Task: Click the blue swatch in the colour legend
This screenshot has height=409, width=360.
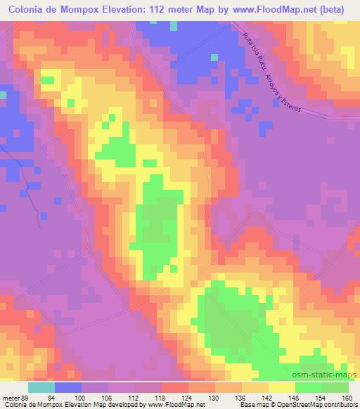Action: coord(67,387)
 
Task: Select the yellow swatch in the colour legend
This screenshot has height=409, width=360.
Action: coord(281,387)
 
